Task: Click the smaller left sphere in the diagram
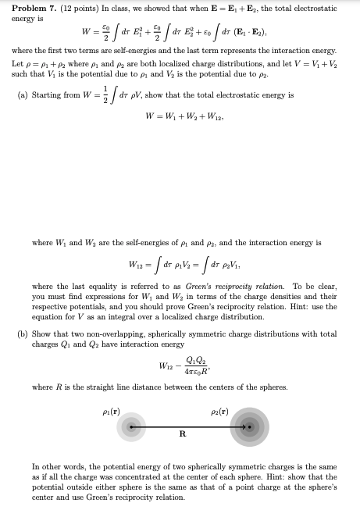pyautogui.click(x=133, y=426)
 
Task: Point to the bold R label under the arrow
pyautogui.click(x=182, y=434)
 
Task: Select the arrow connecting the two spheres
pyautogui.click(x=191, y=426)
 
